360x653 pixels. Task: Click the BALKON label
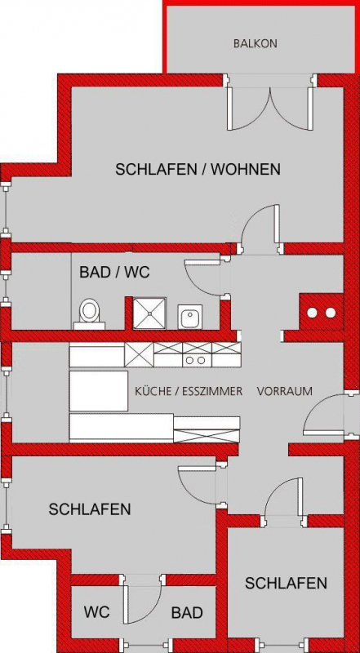point(255,43)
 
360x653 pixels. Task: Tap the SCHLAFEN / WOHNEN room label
point(198,170)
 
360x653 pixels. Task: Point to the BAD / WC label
point(114,273)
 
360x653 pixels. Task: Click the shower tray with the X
point(149,313)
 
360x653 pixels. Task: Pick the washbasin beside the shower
point(190,316)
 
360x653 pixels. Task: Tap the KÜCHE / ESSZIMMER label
point(189,392)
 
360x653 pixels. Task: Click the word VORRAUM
point(285,392)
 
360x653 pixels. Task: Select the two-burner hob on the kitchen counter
point(197,360)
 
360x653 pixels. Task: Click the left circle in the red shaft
point(312,313)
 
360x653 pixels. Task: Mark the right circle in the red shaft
point(331,313)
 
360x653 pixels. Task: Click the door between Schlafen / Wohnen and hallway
point(260,230)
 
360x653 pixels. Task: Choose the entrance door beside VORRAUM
point(325,415)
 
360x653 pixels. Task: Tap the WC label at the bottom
point(96,612)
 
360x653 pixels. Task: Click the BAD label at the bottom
point(187,613)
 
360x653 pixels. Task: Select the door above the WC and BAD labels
point(142,599)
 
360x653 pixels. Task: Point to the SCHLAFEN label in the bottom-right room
point(286,584)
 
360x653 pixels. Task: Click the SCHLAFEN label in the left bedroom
point(90,509)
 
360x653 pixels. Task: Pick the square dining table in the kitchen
point(99,391)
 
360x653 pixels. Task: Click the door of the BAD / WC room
point(207,278)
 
